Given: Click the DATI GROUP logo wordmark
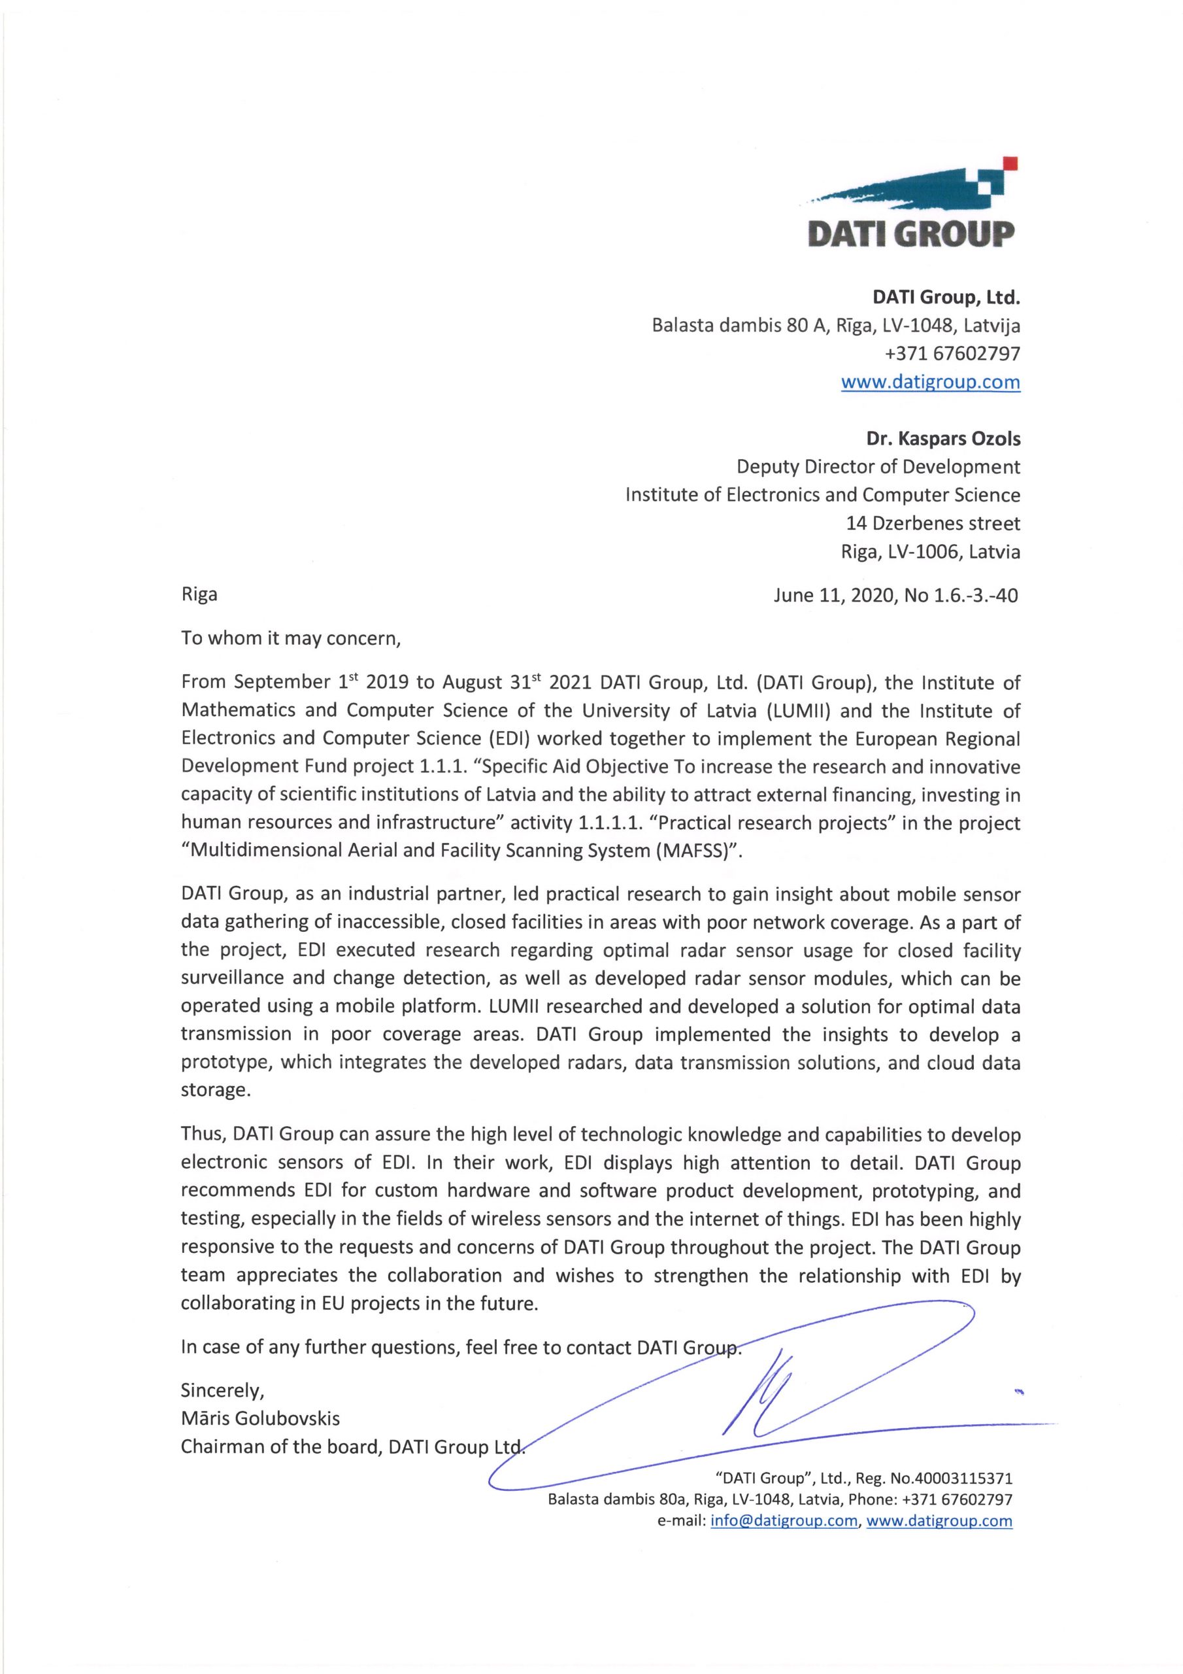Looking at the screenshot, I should tap(911, 233).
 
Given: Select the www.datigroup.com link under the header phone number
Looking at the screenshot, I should tap(930, 382).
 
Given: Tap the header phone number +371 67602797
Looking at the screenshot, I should tap(952, 354).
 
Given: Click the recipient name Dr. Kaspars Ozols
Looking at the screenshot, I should tap(942, 439).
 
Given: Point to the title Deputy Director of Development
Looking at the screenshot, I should tap(878, 467).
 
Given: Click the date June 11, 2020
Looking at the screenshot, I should tap(833, 596).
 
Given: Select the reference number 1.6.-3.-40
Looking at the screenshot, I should tap(973, 596).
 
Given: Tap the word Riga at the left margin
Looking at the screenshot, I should tap(199, 594).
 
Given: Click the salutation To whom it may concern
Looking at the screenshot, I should tap(291, 638).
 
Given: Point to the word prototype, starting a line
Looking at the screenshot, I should tap(227, 1063).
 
